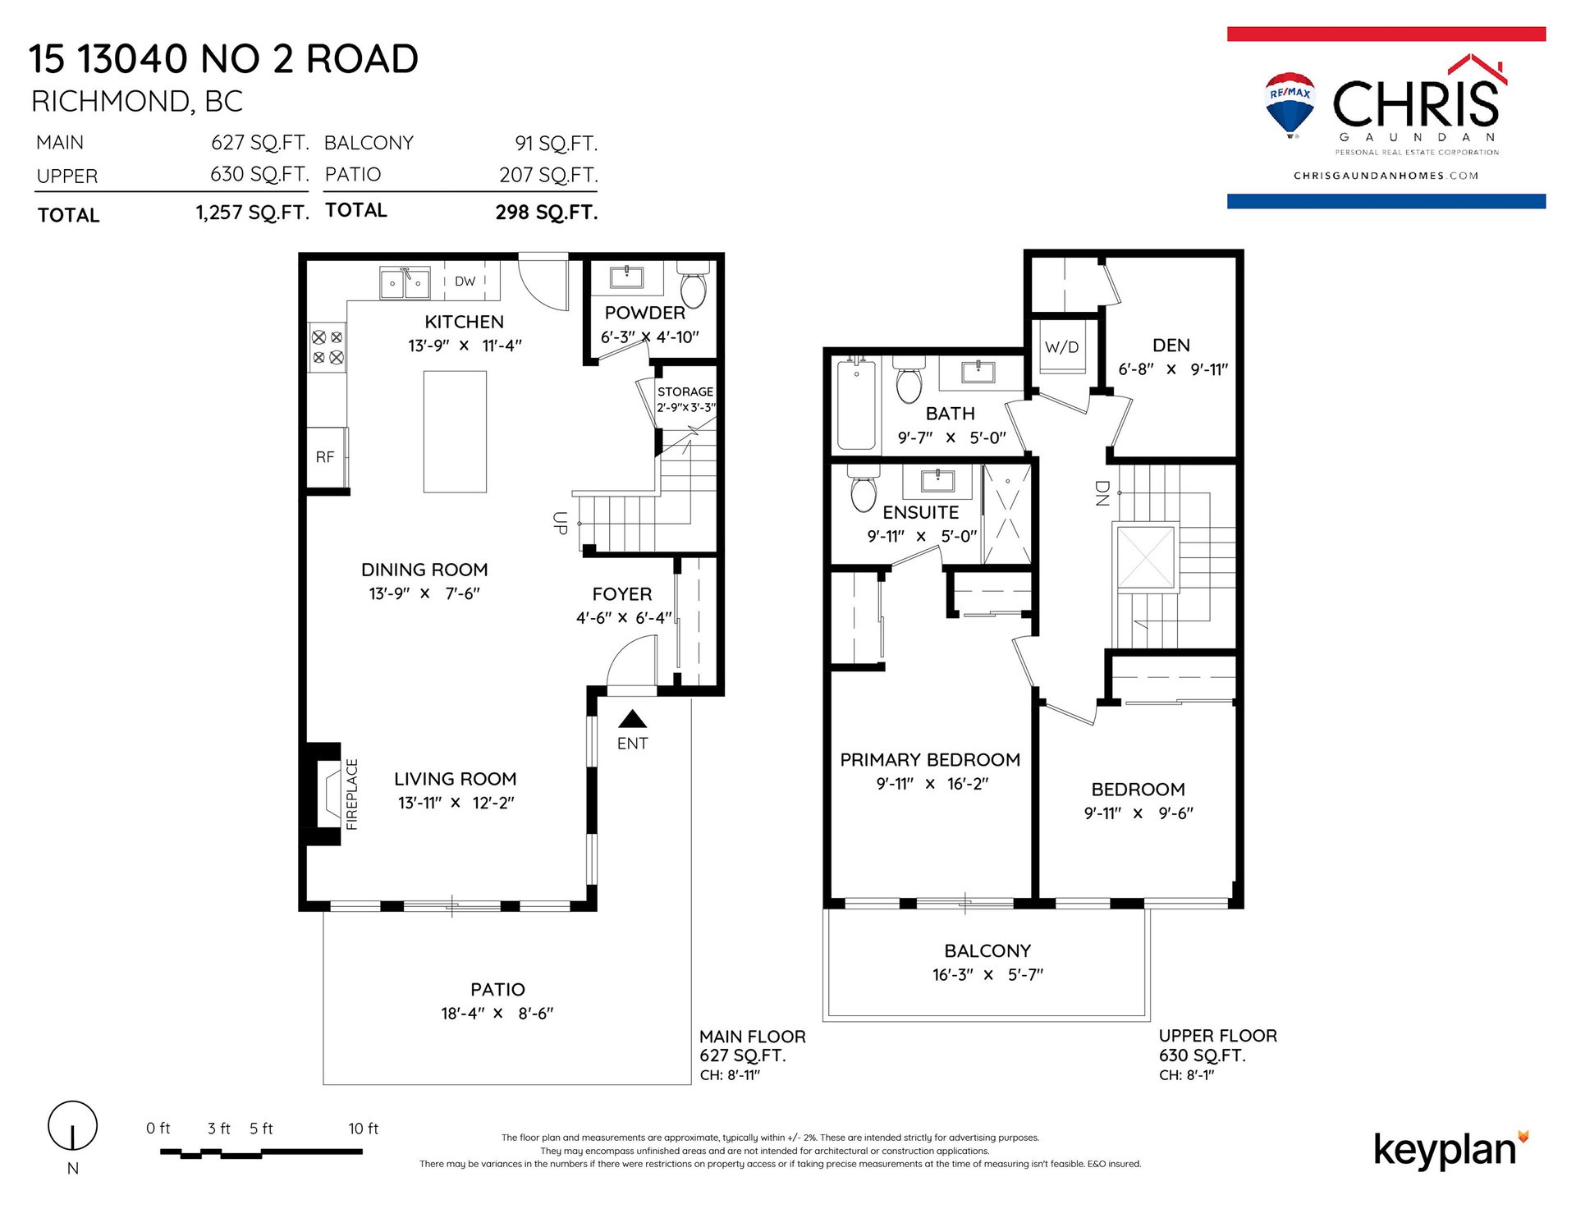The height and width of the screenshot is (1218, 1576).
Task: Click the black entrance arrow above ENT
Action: click(x=632, y=720)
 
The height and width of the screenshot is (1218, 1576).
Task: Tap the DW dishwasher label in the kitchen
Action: click(x=465, y=281)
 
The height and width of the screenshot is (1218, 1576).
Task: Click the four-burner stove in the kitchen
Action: click(x=327, y=347)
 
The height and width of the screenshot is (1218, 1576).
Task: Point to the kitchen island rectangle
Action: click(x=455, y=432)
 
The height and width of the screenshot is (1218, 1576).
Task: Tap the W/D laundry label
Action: click(x=1061, y=347)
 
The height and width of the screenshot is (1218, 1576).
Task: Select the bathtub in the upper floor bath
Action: click(x=856, y=404)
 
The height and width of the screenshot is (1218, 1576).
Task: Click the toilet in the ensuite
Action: click(x=864, y=489)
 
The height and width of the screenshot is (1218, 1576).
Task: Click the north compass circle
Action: click(x=72, y=1125)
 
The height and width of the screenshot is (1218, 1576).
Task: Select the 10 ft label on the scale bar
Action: click(x=363, y=1129)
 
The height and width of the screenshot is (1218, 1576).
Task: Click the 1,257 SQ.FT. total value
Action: click(x=252, y=213)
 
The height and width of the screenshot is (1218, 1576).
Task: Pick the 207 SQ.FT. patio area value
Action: click(x=548, y=176)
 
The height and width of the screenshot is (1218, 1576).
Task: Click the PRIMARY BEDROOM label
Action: click(x=930, y=760)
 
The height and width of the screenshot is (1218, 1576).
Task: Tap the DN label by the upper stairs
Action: click(x=1102, y=492)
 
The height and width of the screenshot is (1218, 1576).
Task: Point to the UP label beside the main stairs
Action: click(x=561, y=523)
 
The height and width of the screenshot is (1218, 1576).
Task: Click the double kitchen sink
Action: click(x=405, y=283)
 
